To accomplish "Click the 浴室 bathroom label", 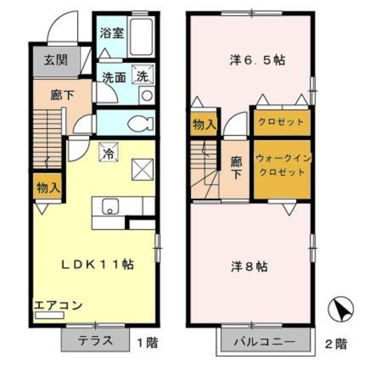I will click(112, 33).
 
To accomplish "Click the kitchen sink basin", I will click(110, 206).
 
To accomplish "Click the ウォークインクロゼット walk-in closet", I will click(282, 168).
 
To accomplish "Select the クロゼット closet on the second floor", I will click(281, 122).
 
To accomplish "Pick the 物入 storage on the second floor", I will click(204, 125).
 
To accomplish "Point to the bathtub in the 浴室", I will click(141, 35).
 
